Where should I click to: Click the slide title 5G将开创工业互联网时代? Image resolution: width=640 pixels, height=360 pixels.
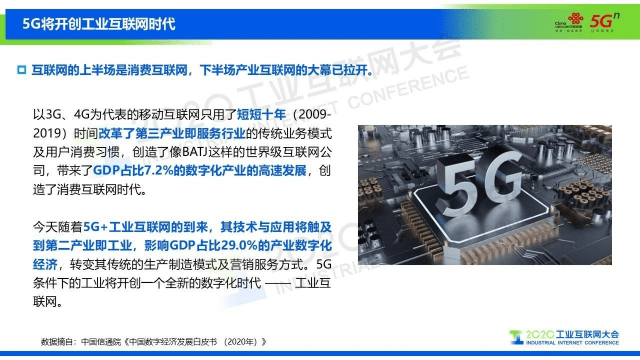(99, 24)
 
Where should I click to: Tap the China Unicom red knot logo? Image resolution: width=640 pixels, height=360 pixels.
(575, 18)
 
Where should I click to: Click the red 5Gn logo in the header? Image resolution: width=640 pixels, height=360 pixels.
(604, 21)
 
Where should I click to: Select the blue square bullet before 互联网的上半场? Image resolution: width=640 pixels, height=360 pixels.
(22, 70)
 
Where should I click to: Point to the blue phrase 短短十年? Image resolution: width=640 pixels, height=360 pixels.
(261, 114)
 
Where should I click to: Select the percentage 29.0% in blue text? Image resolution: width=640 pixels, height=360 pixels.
(239, 246)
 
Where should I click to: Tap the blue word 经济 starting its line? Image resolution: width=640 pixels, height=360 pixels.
(45, 264)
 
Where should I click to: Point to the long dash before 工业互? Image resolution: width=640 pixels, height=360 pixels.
(278, 283)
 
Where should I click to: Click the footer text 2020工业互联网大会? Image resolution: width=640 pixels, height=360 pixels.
(572, 334)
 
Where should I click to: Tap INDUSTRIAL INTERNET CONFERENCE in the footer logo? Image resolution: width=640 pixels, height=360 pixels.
(572, 343)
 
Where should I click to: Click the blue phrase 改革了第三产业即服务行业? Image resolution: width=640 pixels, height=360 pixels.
(172, 133)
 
